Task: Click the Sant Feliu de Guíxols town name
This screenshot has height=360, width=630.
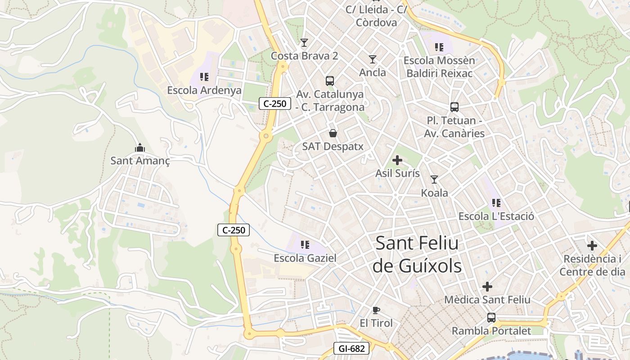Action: [417, 255]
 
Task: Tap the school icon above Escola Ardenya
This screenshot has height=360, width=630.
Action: [204, 77]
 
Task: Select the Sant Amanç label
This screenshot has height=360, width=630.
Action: [140, 161]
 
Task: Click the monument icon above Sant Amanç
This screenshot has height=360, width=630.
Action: [140, 148]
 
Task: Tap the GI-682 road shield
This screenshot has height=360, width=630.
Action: [351, 348]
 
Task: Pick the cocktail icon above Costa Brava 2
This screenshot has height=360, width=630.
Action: [304, 43]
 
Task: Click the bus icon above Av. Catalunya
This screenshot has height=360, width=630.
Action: [330, 81]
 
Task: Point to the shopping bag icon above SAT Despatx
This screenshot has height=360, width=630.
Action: [333, 133]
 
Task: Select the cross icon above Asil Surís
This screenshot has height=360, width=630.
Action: [397, 160]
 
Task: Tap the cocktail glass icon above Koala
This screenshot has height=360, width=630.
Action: [434, 180]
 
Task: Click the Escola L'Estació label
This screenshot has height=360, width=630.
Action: [496, 216]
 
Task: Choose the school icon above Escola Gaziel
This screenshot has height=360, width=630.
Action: [305, 245]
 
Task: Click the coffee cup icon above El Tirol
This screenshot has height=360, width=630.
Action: [376, 310]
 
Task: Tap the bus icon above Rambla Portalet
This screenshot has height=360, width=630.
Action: [491, 318]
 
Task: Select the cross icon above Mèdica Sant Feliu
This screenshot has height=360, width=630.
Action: [487, 286]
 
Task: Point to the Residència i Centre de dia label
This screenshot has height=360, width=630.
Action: [592, 265]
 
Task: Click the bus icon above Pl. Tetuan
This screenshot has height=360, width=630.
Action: [454, 107]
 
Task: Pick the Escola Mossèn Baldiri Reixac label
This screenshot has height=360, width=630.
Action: [439, 67]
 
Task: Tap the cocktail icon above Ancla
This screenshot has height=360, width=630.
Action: [373, 59]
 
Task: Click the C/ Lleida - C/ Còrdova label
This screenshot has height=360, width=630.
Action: [376, 16]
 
